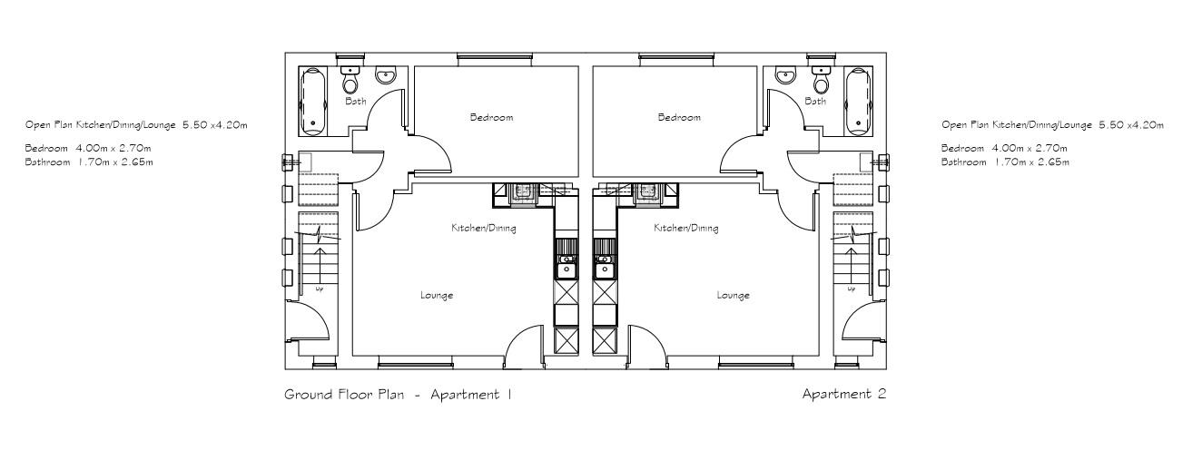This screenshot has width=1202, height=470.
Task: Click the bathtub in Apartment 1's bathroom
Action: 313,99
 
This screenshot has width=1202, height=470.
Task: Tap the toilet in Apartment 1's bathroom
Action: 350,82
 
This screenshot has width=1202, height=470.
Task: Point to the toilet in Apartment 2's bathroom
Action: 822,82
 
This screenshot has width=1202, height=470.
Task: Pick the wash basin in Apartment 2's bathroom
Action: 786,76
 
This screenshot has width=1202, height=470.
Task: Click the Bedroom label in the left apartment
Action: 491,117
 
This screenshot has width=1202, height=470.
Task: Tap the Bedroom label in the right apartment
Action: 679,117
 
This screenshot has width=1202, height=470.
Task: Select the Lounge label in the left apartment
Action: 437,296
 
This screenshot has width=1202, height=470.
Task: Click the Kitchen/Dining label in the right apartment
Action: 685,229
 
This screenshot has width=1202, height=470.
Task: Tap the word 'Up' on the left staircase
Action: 320,289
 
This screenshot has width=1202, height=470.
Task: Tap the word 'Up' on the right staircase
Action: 851,289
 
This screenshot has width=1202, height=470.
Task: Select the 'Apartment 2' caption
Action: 843,395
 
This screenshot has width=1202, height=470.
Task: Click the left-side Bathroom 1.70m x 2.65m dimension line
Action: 88,162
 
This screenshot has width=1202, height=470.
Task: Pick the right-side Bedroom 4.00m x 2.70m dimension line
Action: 1004,148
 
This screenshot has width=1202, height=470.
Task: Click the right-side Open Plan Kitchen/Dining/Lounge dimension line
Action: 1052,125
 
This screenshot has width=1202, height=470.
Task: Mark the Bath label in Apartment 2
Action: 815,102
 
